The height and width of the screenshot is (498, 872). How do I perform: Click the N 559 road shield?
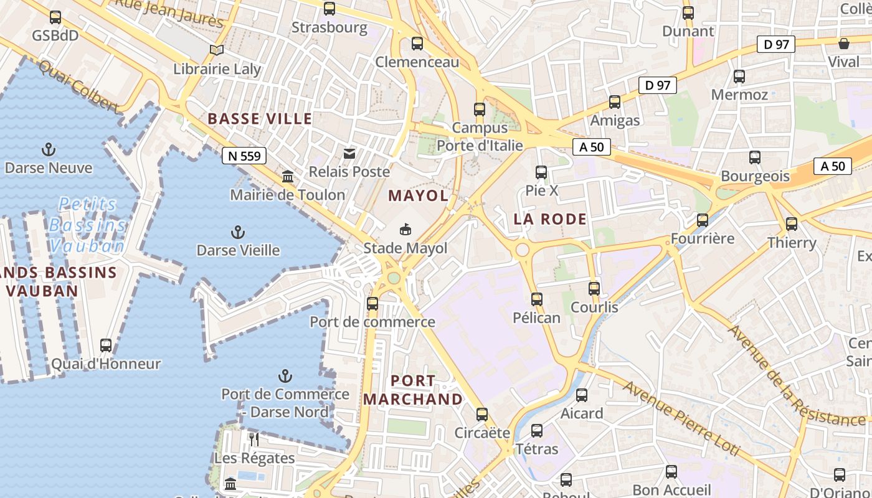click(244, 156)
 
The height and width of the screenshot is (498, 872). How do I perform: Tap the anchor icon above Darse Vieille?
click(237, 233)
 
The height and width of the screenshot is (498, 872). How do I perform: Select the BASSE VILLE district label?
click(260, 119)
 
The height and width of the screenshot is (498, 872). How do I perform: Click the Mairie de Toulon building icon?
click(288, 177)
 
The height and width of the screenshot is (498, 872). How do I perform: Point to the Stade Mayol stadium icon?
click(405, 230)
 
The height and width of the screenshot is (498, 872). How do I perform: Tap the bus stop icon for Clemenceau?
click(417, 44)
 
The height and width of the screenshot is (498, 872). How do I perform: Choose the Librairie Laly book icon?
click(217, 50)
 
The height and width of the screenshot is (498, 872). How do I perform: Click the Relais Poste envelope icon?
click(349, 153)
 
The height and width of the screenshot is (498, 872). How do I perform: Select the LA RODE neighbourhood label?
click(550, 219)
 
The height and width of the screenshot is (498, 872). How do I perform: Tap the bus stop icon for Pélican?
click(537, 299)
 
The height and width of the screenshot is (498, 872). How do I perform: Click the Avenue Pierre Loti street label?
click(681, 419)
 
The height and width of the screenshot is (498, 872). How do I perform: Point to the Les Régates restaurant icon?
click(254, 439)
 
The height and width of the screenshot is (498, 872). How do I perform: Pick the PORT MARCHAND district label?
click(414, 390)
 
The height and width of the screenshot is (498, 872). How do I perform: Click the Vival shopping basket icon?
click(844, 44)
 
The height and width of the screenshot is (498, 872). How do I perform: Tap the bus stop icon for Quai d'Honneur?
click(106, 345)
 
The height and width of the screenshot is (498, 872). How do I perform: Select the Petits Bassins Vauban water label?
click(87, 225)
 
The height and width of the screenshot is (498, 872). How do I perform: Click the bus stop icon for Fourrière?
click(703, 220)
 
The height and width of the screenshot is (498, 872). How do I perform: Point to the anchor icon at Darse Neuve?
click(48, 149)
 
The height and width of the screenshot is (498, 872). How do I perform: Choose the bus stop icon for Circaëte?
click(482, 415)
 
